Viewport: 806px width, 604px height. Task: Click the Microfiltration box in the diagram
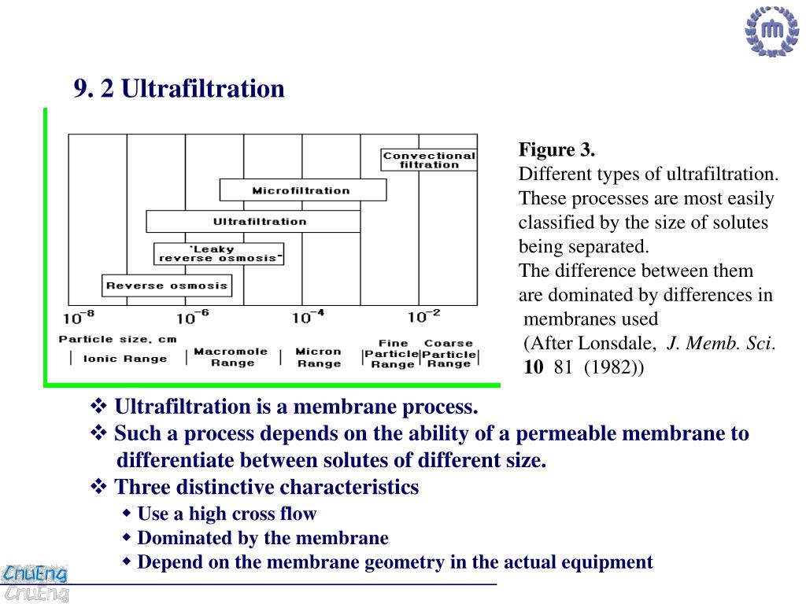[302, 190]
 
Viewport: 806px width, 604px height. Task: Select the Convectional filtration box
[429, 160]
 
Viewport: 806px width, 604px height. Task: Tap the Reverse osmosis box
[167, 285]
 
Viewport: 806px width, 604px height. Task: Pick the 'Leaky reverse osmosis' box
[218, 253]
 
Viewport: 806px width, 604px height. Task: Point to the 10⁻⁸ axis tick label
[79, 317]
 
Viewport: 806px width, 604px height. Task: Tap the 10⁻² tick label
[424, 317]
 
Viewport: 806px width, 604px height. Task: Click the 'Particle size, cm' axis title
[117, 339]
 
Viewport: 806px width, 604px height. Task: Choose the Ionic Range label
[125, 359]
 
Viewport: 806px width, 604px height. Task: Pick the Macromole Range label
[231, 357]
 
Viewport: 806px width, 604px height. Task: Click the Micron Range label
[319, 357]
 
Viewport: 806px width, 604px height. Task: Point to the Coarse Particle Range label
[449, 354]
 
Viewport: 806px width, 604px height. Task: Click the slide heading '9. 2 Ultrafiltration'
[179, 88]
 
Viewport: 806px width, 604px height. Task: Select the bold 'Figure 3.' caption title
[556, 149]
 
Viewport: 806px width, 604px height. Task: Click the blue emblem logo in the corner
[771, 32]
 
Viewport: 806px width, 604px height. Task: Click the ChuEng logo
[35, 582]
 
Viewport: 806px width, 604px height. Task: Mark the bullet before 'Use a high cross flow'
[128, 514]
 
